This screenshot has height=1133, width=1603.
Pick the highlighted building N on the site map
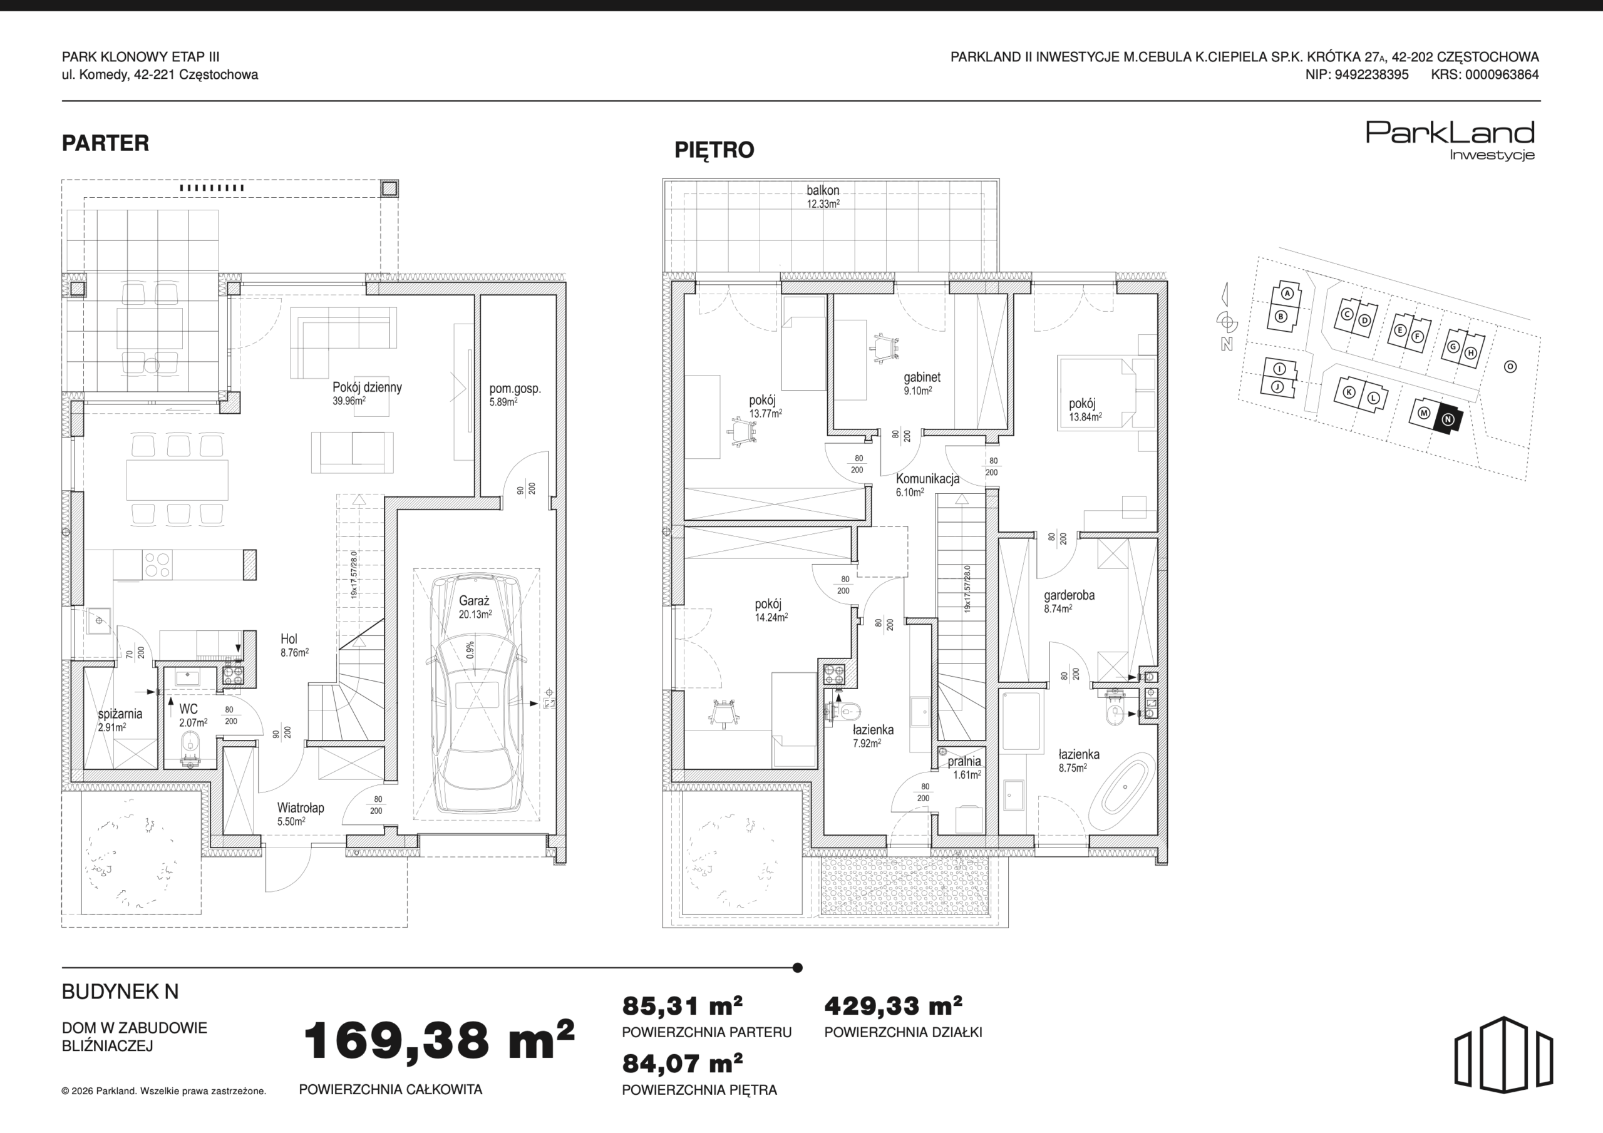pyautogui.click(x=1447, y=419)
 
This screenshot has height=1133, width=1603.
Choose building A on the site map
pyautogui.click(x=1287, y=294)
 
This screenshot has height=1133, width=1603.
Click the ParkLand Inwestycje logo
pyautogui.click(x=1450, y=140)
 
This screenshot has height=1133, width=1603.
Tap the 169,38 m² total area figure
pyautogui.click(x=438, y=1040)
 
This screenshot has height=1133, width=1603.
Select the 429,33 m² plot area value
pyautogui.click(x=893, y=1006)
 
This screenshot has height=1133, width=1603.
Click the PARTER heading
pyautogui.click(x=105, y=143)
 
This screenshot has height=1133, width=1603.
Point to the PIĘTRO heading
pyautogui.click(x=714, y=150)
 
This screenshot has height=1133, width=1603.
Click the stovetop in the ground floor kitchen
pyautogui.click(x=157, y=565)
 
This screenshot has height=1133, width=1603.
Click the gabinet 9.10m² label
pyautogui.click(x=922, y=384)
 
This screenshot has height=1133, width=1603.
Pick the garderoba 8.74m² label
pyautogui.click(x=1069, y=602)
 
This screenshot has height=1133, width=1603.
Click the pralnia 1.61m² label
pyautogui.click(x=964, y=768)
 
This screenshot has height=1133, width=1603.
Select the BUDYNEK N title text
pyautogui.click(x=120, y=992)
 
